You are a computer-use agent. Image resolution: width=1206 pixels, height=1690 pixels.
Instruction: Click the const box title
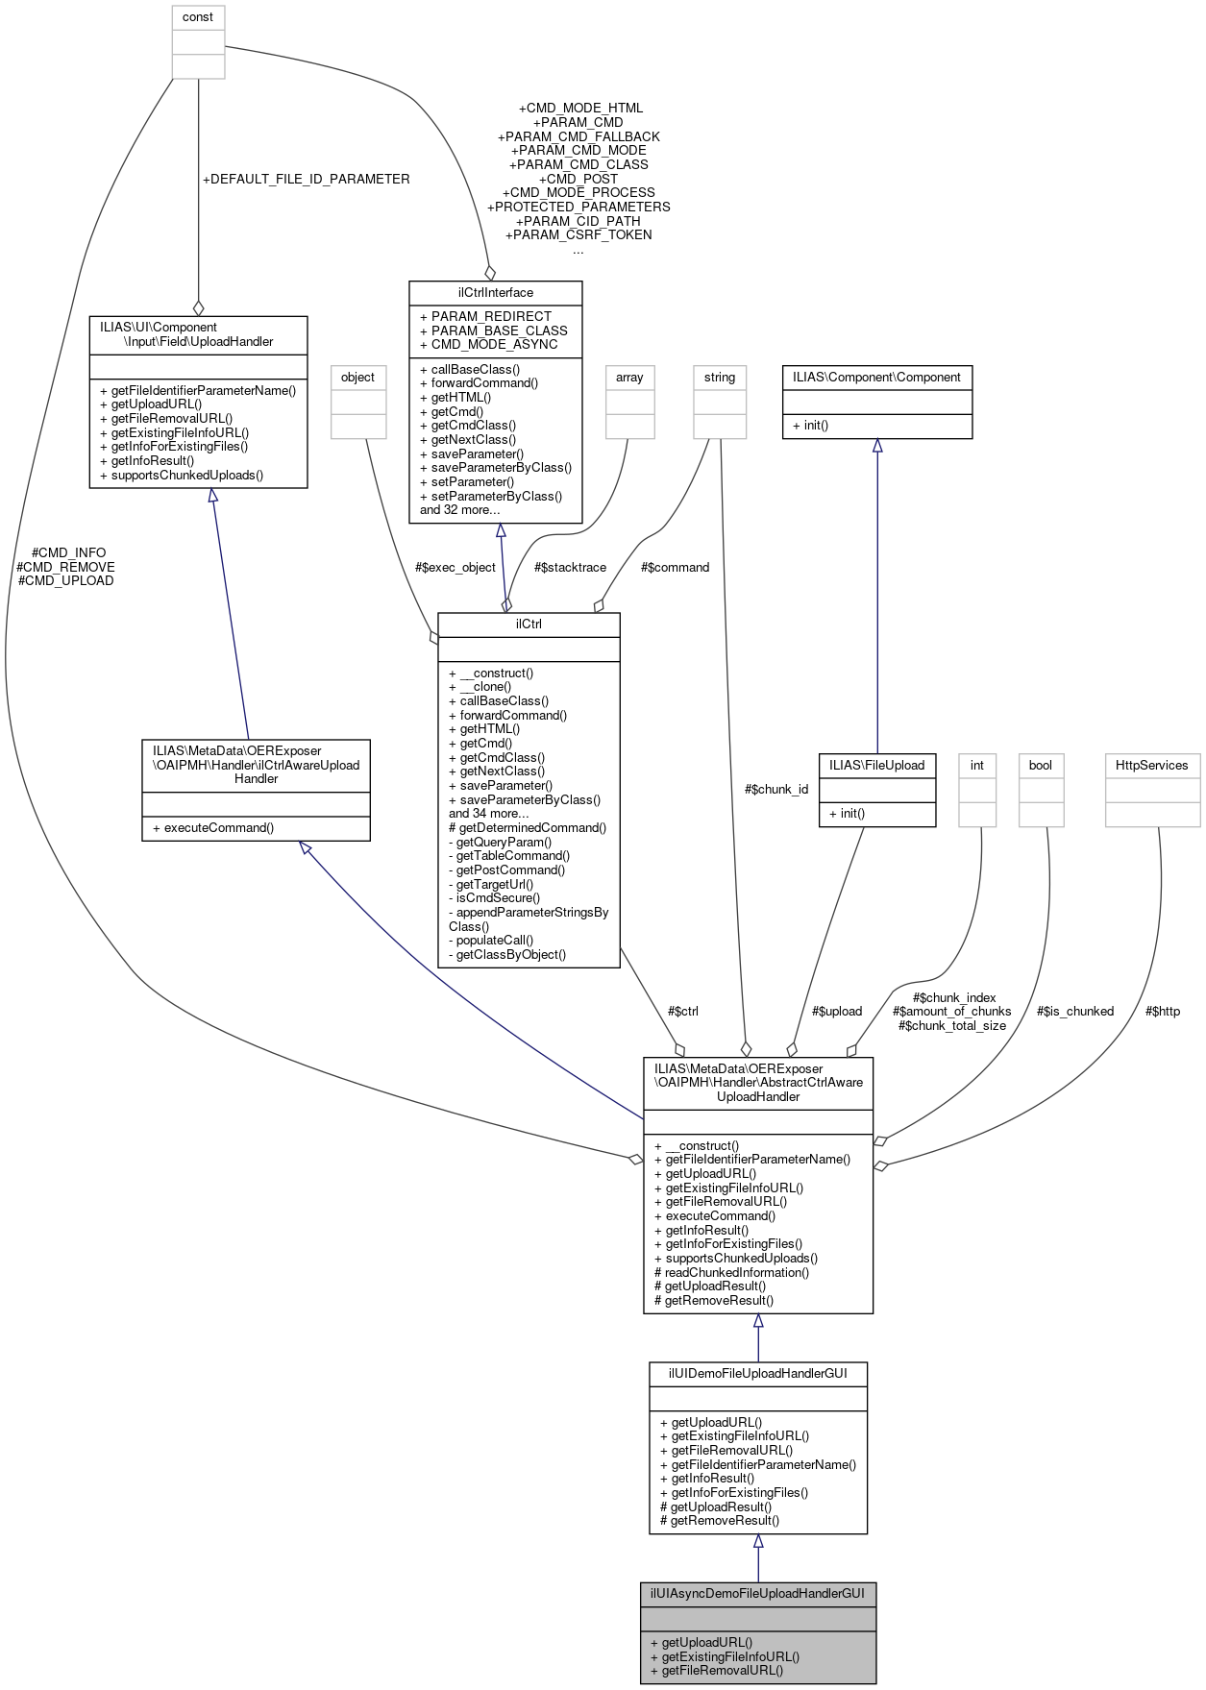click(x=198, y=17)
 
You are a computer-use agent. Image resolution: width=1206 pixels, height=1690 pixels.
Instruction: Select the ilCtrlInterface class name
click(x=495, y=292)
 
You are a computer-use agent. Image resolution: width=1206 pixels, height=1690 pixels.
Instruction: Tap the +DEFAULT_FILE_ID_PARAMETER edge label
click(x=306, y=179)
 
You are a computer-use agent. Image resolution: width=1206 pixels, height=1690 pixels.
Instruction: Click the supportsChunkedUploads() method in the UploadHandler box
click(x=186, y=475)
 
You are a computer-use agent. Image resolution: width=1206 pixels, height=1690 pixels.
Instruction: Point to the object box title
click(x=357, y=378)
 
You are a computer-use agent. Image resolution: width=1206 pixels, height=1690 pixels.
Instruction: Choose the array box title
click(x=629, y=378)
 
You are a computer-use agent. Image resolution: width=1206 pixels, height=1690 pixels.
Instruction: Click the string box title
click(x=719, y=378)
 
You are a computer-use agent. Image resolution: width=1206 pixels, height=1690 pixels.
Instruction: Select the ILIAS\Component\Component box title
click(x=876, y=378)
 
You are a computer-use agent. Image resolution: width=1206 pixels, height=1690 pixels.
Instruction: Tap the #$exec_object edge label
click(x=455, y=567)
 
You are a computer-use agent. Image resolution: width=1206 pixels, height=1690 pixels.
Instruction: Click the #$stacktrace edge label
click(x=570, y=567)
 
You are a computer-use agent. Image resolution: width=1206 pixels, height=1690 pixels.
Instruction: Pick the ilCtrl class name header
click(x=529, y=624)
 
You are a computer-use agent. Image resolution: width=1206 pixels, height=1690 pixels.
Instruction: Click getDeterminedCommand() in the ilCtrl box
click(x=528, y=827)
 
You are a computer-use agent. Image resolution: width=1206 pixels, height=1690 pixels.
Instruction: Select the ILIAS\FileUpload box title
click(x=876, y=765)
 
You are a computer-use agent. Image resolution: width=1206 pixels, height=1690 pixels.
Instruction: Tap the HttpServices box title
click(x=1152, y=765)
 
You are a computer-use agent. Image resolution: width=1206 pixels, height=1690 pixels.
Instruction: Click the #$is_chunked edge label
click(x=1075, y=1011)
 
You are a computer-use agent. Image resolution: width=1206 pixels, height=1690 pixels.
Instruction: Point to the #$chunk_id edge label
click(x=776, y=789)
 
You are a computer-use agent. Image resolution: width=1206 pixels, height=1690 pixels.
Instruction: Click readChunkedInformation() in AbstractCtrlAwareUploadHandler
click(x=732, y=1272)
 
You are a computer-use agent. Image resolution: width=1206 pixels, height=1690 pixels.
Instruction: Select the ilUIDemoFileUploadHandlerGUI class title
click(x=757, y=1373)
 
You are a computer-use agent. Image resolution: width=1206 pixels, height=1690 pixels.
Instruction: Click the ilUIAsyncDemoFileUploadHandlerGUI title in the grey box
click(x=757, y=1593)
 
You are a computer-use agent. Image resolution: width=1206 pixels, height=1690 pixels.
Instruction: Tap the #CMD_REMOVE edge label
click(x=65, y=567)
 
